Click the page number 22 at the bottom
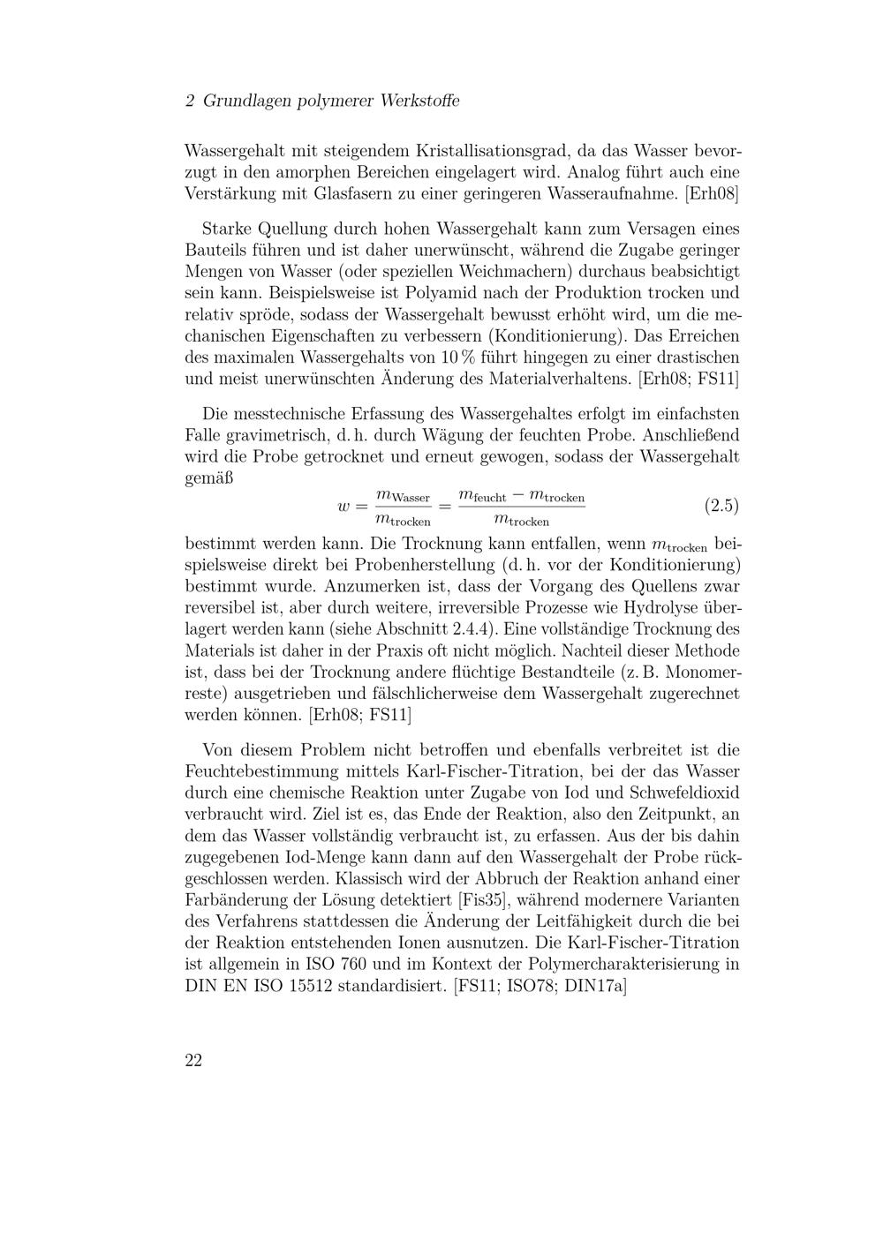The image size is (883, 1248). pos(193,1060)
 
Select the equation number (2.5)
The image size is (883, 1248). pos(721,506)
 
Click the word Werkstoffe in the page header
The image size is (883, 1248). pos(419,101)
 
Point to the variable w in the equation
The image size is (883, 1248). pos(344,507)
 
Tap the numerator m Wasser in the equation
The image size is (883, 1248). pos(403,496)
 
